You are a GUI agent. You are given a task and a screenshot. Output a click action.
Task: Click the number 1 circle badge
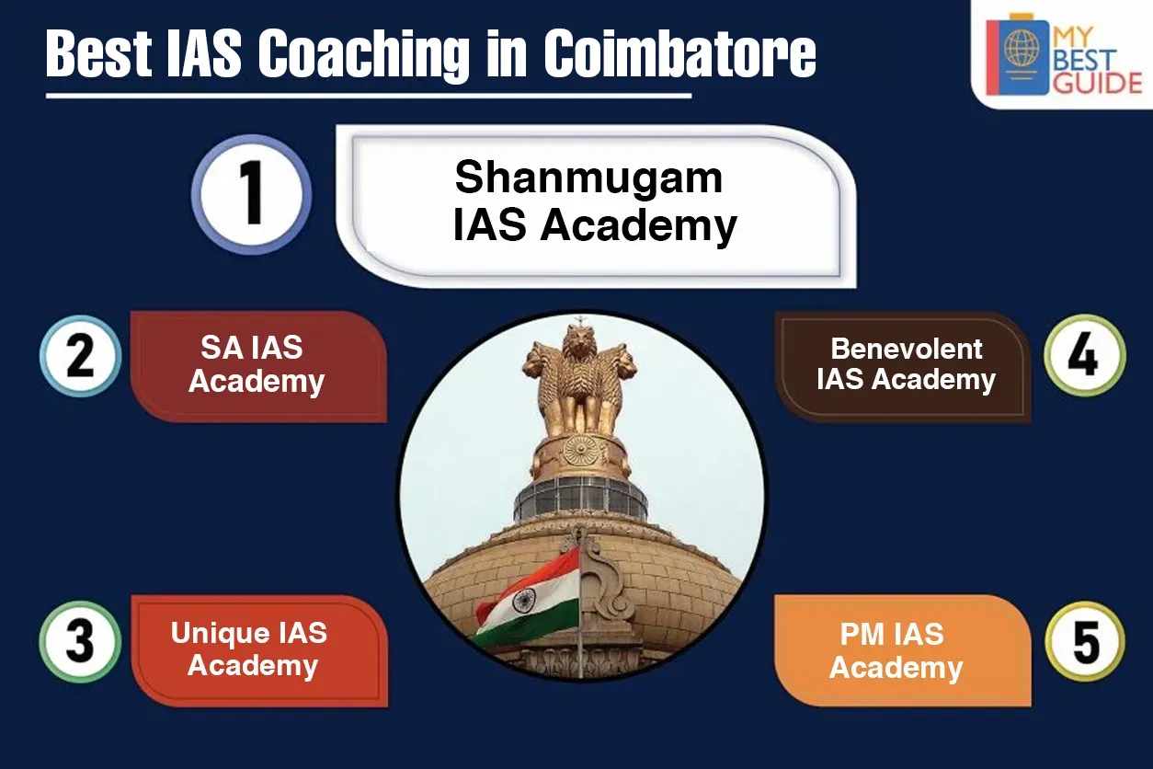coord(251,195)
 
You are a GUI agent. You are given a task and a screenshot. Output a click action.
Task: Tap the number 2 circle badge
coord(81,356)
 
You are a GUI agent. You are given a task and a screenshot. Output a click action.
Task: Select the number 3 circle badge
coord(80,642)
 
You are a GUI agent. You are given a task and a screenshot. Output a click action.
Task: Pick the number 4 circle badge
coord(1085,355)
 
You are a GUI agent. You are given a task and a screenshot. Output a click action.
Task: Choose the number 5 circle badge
coord(1085,642)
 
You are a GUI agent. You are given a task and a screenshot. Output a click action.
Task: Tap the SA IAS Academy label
coord(257,364)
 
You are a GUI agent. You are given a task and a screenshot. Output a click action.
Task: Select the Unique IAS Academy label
coord(250,649)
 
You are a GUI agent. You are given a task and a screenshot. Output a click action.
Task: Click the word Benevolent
coord(907,349)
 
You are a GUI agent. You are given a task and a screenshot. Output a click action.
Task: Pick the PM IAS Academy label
coord(896,650)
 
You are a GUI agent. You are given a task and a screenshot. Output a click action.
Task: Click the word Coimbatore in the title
coord(680,53)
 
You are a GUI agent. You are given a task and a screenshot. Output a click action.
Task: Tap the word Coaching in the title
coord(364,54)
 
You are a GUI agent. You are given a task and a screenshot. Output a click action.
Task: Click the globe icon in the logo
coord(1022,49)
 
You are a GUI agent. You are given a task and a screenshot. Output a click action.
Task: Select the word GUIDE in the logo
coord(1097,84)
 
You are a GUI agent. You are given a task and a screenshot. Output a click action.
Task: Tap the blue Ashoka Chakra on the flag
coord(523,600)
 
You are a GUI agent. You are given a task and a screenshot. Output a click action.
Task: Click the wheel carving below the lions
coord(581,451)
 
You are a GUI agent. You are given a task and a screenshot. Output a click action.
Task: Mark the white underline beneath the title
coord(369,96)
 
